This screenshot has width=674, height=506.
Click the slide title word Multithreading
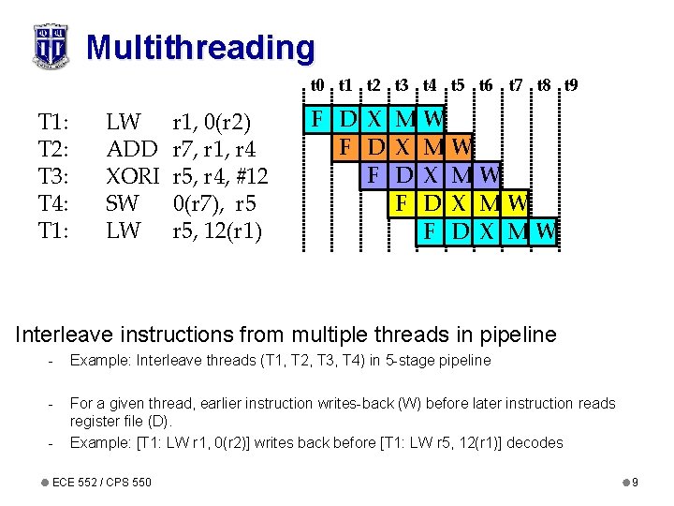point(200,47)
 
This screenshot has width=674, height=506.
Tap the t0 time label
point(318,85)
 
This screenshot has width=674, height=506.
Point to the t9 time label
point(570,85)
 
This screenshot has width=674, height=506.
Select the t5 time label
point(458,85)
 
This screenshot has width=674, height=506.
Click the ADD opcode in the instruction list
point(132,148)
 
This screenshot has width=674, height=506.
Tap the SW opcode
point(124,202)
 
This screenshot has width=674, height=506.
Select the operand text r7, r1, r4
point(214,148)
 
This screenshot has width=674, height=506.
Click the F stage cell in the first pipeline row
point(318,120)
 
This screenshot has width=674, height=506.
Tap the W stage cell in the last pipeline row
point(546,230)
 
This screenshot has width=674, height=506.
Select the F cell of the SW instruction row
point(403,202)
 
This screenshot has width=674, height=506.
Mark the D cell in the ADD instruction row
point(376,147)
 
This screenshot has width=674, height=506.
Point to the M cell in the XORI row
point(461,175)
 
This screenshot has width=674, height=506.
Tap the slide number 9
point(635,482)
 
